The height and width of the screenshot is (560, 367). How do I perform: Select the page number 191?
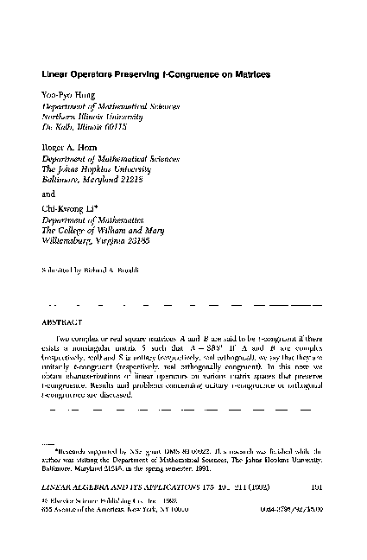(x=315, y=508)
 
